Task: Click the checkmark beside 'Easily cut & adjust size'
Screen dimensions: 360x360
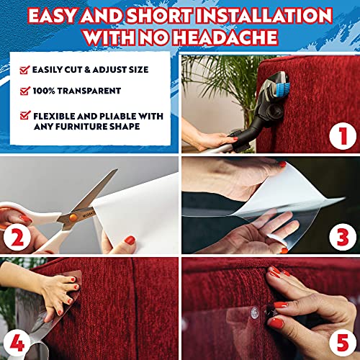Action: pyautogui.click(x=24, y=70)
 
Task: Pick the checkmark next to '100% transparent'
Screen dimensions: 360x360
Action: pyautogui.click(x=24, y=91)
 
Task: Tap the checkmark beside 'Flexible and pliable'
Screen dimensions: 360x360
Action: pyautogui.click(x=24, y=114)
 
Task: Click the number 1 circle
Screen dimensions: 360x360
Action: pyautogui.click(x=336, y=134)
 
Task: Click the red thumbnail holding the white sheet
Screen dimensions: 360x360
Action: pyautogui.click(x=130, y=239)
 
